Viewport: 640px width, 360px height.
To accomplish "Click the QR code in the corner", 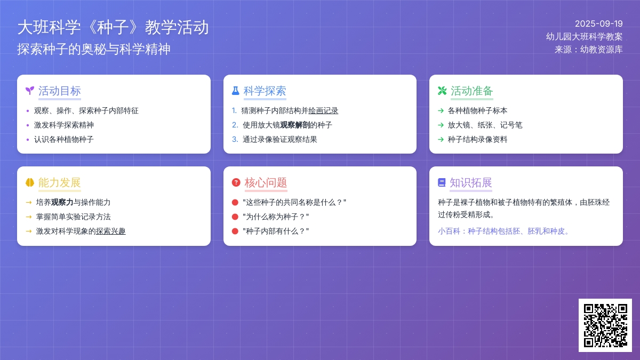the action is click(x=605, y=325).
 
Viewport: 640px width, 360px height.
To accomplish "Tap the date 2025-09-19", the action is click(x=598, y=23).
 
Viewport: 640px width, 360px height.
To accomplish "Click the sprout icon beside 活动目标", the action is click(x=30, y=91).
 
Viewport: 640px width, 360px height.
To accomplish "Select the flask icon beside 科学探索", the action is click(x=235, y=91).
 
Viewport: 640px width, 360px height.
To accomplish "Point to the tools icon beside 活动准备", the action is click(x=442, y=91).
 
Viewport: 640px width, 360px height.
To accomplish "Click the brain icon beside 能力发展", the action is click(x=30, y=182).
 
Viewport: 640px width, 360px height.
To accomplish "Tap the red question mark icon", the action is click(x=236, y=182).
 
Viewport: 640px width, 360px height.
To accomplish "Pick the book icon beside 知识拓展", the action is click(x=442, y=182).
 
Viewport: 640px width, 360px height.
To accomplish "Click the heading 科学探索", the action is click(x=265, y=91).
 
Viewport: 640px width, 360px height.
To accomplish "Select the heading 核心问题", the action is click(x=266, y=182).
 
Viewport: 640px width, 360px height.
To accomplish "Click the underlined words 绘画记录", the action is click(x=323, y=110).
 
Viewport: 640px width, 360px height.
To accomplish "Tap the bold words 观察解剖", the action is click(x=295, y=125).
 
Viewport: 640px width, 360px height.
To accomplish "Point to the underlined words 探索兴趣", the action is click(x=110, y=231).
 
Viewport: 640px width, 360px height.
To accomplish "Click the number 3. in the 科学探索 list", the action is click(x=235, y=139).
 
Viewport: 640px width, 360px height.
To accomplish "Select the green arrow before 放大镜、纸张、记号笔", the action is click(x=441, y=125).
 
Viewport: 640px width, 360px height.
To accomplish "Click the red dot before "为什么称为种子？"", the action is click(x=235, y=217).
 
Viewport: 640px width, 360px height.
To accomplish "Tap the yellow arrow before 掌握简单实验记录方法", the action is click(x=29, y=217).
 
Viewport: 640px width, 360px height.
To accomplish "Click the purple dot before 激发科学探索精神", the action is click(x=28, y=125).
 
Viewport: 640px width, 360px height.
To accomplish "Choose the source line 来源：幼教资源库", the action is click(x=589, y=50).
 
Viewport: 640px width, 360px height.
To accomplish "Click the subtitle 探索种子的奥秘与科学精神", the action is click(x=94, y=49).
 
